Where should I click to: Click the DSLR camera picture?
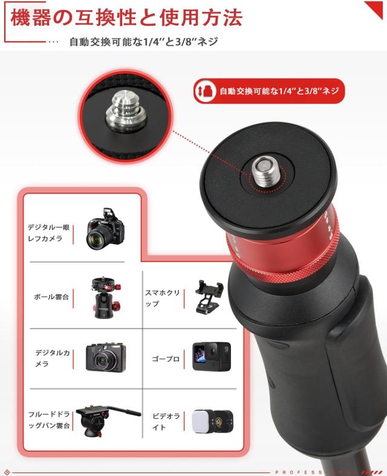106,229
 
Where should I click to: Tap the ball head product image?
106,297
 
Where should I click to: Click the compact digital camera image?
106,358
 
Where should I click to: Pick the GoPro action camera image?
212,356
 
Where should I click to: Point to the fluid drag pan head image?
108,420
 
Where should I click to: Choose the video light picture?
212,420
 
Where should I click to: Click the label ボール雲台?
51,297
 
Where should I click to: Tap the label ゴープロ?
166,359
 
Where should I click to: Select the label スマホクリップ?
162,298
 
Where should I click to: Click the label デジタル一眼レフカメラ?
48,233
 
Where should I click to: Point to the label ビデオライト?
166,422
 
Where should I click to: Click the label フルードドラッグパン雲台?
49,420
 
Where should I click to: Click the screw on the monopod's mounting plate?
265,172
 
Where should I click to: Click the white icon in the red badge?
206,91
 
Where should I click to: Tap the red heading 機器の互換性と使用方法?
126,18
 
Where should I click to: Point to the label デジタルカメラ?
53,358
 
